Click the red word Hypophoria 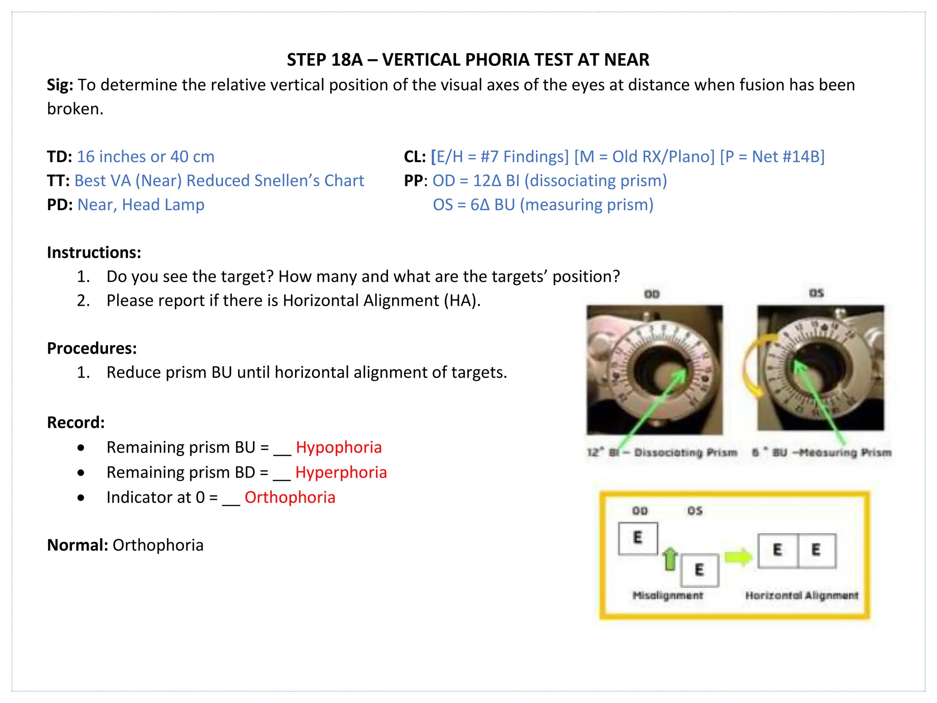(339, 447)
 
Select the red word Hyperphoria (341, 472)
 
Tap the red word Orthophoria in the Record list (290, 498)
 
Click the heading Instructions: (94, 253)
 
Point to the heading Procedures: (92, 348)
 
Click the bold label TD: (59, 157)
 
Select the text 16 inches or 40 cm (145, 157)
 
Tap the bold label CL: (415, 157)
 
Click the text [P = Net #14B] (772, 157)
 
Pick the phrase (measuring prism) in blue (587, 205)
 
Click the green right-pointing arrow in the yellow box (738, 557)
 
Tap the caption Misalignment (668, 595)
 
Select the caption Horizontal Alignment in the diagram (802, 595)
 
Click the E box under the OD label (638, 538)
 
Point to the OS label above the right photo (816, 293)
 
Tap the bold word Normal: (77, 545)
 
